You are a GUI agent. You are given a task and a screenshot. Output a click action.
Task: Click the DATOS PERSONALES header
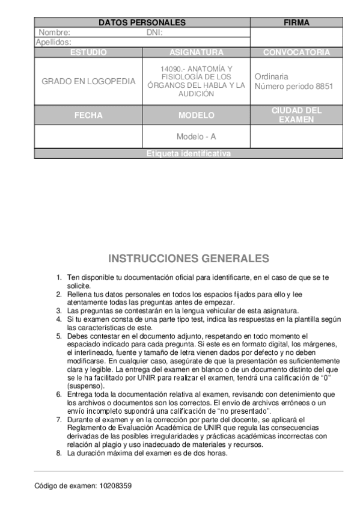(x=142, y=23)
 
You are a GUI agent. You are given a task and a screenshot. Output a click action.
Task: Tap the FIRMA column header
(x=296, y=23)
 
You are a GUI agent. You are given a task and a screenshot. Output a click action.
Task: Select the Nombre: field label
(x=55, y=32)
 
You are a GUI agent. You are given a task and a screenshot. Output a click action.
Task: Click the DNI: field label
(x=154, y=32)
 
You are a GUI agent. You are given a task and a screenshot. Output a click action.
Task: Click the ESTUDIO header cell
(x=88, y=52)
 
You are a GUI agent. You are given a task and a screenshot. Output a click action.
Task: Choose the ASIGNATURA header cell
(x=196, y=52)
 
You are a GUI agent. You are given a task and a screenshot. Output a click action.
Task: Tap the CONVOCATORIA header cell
(x=296, y=52)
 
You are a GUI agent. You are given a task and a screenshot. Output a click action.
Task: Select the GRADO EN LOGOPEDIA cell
(x=88, y=81)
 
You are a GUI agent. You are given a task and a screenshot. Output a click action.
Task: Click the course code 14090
(x=170, y=69)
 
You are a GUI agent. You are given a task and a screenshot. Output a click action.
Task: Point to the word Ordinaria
(x=271, y=76)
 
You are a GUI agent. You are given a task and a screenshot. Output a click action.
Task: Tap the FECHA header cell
(x=88, y=115)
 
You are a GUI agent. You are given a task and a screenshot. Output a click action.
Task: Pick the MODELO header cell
(x=196, y=115)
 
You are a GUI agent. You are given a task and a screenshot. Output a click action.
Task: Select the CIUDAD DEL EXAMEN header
(x=296, y=115)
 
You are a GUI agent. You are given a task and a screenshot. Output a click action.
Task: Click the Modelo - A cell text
(x=196, y=137)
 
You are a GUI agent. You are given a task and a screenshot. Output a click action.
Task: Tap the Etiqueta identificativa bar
(x=188, y=154)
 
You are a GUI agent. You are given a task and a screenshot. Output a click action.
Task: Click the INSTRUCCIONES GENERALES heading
(x=188, y=259)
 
